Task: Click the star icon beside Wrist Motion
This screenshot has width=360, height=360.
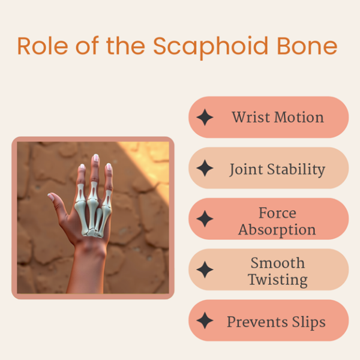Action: point(205,118)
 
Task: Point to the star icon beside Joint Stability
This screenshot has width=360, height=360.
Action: point(205,169)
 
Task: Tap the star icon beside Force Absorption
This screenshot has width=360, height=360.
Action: point(205,220)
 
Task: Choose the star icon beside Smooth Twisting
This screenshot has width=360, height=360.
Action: point(205,270)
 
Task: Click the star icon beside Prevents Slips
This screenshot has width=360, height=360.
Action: point(205,321)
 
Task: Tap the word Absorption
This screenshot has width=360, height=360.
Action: point(277,229)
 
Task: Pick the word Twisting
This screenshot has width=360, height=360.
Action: point(278,280)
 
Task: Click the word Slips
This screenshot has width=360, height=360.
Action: point(308,322)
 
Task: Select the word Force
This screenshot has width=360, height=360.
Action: point(277,212)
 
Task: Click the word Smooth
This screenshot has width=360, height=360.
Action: point(278,263)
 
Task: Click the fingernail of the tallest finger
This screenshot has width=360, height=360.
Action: point(95,158)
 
